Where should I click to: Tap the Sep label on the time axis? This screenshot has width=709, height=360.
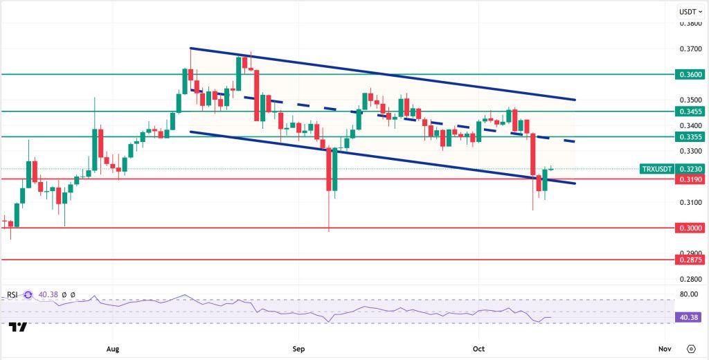298,348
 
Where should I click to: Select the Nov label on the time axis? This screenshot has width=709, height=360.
663,348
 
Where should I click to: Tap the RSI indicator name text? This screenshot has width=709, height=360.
12,295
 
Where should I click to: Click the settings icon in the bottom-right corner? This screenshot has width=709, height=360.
692,348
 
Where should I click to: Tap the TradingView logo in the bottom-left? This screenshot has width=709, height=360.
19,326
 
